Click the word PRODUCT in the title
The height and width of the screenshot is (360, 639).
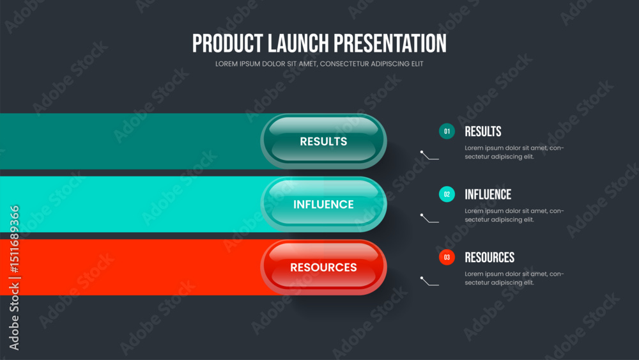[228, 43]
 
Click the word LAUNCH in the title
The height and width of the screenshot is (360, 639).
[298, 43]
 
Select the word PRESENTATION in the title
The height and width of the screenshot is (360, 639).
[390, 43]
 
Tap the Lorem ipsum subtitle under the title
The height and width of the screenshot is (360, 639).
[319, 64]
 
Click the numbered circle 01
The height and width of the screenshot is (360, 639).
[447, 131]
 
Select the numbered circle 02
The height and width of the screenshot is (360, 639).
[447, 194]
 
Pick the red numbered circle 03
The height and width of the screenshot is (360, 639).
[447, 257]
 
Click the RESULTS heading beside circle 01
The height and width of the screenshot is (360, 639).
[483, 131]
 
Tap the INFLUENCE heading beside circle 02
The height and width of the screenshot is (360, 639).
[488, 194]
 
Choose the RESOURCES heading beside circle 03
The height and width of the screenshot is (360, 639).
[489, 257]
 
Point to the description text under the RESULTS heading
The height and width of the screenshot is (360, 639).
[514, 152]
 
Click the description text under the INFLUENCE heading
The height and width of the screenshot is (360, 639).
[514, 215]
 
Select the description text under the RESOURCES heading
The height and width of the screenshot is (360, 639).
[514, 278]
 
